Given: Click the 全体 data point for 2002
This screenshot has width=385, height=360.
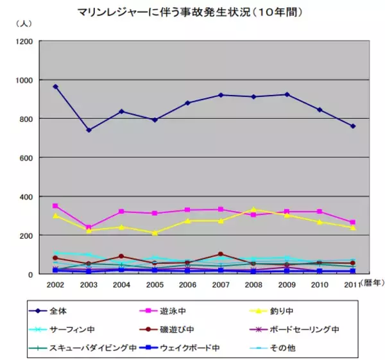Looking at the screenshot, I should [56, 87].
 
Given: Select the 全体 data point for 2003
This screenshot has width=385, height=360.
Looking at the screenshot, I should [89, 130].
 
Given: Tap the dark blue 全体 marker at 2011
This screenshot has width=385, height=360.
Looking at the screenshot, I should [352, 126].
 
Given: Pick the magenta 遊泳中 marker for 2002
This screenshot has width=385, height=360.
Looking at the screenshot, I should [56, 206].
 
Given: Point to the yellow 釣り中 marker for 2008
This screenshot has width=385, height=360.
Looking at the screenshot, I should [253, 210].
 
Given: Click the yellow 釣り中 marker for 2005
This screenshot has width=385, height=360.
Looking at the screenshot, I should [155, 233].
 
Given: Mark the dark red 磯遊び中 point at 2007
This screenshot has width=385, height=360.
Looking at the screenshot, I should [221, 254].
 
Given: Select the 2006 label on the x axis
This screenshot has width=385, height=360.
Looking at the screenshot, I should [187, 284].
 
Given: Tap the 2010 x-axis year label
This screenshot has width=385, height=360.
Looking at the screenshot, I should [320, 284].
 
